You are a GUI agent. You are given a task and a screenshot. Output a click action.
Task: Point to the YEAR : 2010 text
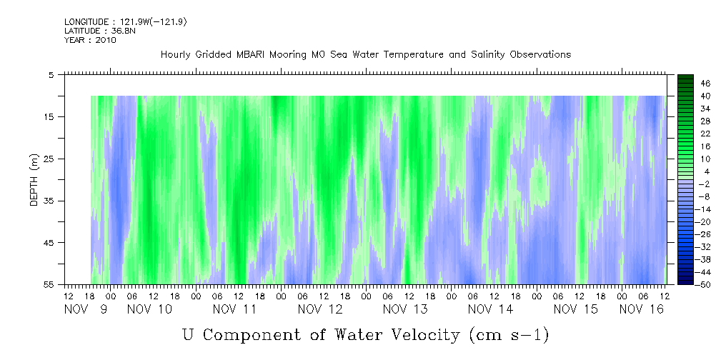[x=89, y=40]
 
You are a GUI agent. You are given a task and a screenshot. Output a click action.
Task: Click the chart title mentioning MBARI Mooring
[x=365, y=54]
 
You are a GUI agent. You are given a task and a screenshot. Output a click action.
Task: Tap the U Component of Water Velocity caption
[x=365, y=334]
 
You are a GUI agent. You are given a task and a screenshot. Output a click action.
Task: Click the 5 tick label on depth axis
[x=51, y=74]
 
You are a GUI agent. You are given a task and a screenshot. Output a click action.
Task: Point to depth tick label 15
[x=49, y=116]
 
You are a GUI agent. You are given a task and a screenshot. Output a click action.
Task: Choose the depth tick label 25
[x=49, y=159]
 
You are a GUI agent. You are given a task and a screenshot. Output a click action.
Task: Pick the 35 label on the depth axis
[x=49, y=201]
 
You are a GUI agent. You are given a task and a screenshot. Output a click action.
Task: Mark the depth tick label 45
[x=49, y=243]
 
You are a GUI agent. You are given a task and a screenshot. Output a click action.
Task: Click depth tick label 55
[x=49, y=285]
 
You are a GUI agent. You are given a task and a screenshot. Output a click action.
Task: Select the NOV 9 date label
[x=86, y=309]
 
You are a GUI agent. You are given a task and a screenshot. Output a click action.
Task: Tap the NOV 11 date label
[x=235, y=309]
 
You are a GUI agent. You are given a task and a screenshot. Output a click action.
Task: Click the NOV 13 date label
[x=405, y=309]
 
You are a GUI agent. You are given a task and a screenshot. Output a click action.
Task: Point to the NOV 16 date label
[x=641, y=309]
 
